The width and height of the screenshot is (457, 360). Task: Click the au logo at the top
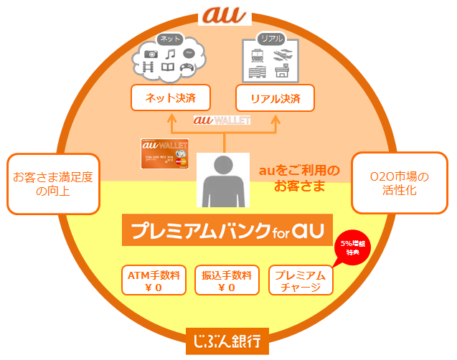click(227, 15)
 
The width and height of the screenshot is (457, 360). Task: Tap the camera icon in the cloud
click(151, 53)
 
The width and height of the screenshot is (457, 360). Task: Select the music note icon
click(170, 54)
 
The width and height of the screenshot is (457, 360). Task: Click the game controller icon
click(187, 70)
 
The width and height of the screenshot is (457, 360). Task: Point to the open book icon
click(168, 69)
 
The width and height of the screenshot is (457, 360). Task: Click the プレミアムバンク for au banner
click(227, 232)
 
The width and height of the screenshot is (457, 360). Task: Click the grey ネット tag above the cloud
click(170, 39)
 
